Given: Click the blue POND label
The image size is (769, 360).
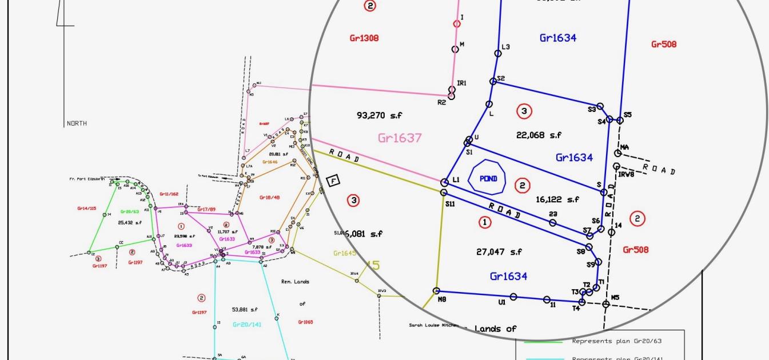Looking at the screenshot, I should point(488,179).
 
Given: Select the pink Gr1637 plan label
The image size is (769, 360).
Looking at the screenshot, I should point(400,138).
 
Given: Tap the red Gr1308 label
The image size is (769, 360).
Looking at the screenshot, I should point(364,38).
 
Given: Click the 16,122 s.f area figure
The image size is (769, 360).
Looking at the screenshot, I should point(557,199).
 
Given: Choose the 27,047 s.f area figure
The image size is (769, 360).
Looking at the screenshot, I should point(499,251).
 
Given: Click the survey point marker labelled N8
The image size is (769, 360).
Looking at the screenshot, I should point(437,291).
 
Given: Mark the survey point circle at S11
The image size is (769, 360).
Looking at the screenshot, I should point(444,194).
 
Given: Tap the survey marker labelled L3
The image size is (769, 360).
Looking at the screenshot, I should point(498,53).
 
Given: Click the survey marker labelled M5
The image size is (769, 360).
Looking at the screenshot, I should point(606,304).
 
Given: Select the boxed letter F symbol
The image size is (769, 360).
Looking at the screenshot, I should point(333,181).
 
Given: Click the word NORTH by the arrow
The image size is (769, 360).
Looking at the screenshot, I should point(77,123).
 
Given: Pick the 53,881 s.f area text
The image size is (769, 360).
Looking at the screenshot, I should point(245,309).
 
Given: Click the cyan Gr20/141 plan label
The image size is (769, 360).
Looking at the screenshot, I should point(247,324).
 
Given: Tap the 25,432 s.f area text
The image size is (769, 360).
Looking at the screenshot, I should point(129,222).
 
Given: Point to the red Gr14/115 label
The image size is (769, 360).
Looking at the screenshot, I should point(87,209).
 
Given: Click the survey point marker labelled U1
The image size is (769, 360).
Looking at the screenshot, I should point(513,297).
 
